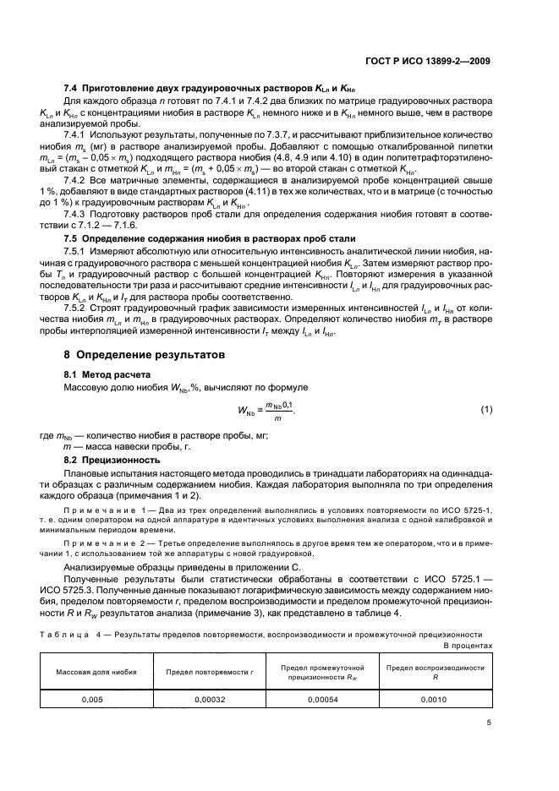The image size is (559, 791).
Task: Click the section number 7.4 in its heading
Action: (x=71, y=89)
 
